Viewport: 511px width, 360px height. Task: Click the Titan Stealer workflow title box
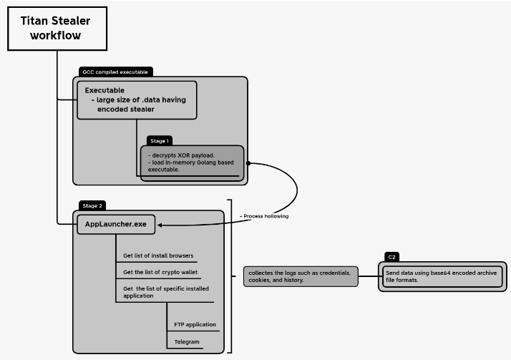pos(57,28)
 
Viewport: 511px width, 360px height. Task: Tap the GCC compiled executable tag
pos(115,72)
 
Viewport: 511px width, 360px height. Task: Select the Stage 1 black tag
pos(160,141)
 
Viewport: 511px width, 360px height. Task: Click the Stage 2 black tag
pos(92,205)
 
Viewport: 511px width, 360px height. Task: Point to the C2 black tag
pos(392,256)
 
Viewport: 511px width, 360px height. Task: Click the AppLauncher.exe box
pos(117,224)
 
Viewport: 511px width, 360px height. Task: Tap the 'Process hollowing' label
pos(264,215)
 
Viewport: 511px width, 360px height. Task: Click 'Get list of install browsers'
pos(158,256)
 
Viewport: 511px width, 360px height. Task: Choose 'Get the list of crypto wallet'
pos(160,273)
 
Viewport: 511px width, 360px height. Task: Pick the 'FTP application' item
pos(195,325)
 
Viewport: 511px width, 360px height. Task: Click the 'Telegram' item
pos(187,342)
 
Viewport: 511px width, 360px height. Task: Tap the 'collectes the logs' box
pos(300,276)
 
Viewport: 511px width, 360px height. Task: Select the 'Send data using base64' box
pos(441,276)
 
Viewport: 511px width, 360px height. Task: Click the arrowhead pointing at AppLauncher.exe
pos(161,225)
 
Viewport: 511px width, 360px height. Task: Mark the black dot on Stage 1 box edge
pos(248,163)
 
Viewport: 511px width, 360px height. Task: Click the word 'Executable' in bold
pos(104,91)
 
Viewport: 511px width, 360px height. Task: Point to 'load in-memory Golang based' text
pos(190,162)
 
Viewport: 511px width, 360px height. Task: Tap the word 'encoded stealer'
pos(126,110)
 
